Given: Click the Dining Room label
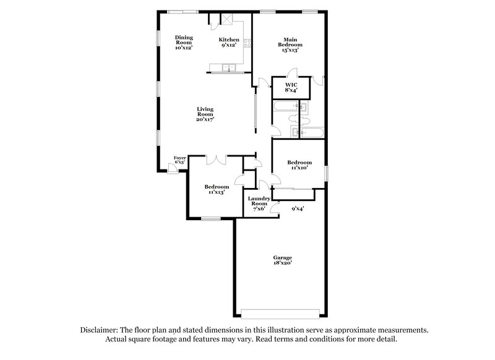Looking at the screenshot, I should pos(184,42).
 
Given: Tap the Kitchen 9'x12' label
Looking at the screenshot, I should pos(229,42).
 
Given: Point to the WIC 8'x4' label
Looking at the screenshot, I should pos(291,87).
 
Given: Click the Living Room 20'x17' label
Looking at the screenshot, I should pos(205,114).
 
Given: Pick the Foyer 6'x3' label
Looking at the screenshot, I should pos(179,160).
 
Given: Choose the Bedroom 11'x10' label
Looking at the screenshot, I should pos(299,165).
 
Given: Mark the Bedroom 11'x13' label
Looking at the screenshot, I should pos(217,189).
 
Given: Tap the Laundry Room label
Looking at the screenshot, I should pos(259,204).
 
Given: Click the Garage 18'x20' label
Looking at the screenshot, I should pos(283,260).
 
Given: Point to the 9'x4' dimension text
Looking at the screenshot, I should pos(298,208).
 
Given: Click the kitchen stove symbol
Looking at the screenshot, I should pos(247,44).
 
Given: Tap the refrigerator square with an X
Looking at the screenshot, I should pos(226,19).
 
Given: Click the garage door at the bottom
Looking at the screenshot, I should pos(282,312).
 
